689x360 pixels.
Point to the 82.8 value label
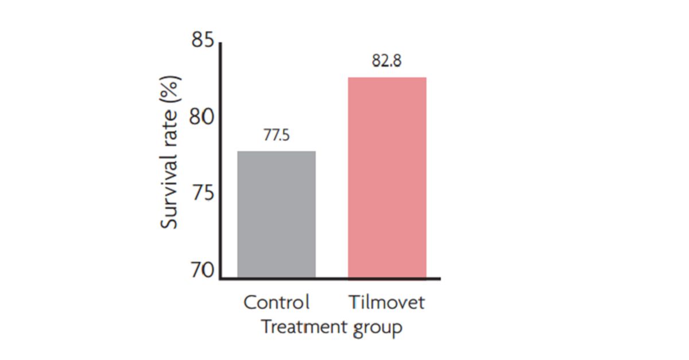(386, 62)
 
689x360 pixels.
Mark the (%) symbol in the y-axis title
(170, 92)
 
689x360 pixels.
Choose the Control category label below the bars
(276, 302)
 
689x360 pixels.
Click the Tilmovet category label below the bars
(386, 302)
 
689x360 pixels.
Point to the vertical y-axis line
(220, 161)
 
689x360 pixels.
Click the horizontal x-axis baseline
(330, 278)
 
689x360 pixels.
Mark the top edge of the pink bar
(387, 78)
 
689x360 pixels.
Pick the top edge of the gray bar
(277, 152)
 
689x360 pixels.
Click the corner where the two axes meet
(220, 278)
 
